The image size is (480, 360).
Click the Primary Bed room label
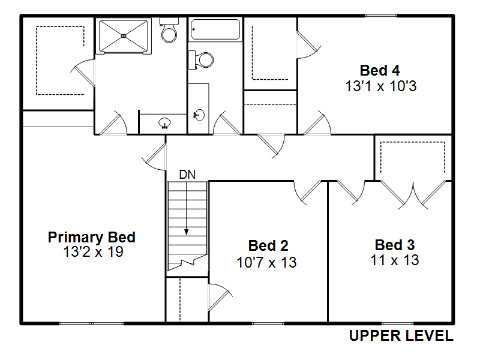92,238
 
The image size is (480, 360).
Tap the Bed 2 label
268,246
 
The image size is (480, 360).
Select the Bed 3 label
395,245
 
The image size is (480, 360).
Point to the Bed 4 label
380,70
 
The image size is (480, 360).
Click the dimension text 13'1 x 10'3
381,86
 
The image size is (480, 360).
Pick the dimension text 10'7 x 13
266,262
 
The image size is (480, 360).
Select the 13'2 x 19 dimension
93,252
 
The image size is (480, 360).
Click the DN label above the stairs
187,175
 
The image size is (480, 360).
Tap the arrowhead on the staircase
186,232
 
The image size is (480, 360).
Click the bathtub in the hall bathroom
215,29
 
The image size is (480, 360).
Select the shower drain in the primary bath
124,36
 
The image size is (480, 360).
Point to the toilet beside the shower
169,30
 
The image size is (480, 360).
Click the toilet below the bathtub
201,61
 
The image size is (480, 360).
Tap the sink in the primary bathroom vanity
164,123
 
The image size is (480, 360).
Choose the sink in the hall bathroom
199,115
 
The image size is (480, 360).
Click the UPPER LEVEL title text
401,336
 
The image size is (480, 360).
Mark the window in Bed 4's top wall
381,16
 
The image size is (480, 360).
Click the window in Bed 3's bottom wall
397,323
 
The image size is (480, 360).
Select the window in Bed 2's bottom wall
268,323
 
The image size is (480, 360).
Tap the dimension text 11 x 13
395,260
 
